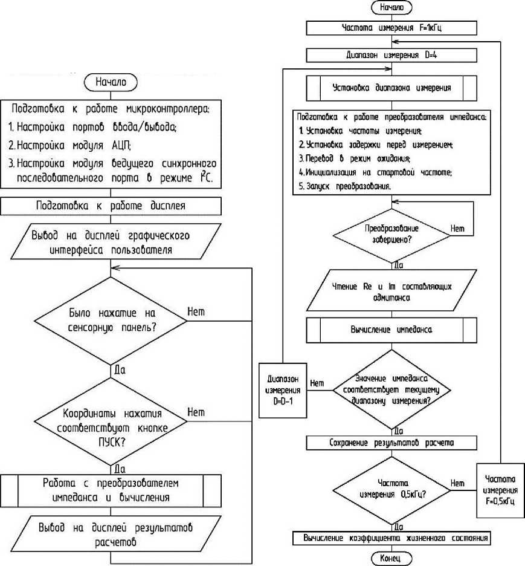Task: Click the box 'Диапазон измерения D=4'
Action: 392,55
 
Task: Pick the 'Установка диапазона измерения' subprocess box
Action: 392,87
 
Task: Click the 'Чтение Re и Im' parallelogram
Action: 392,291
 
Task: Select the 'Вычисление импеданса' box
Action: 392,331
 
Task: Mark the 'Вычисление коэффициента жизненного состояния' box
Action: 392,538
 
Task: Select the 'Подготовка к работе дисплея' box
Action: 125,205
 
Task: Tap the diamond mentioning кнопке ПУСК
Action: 112,421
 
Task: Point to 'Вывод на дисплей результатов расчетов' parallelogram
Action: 112,533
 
